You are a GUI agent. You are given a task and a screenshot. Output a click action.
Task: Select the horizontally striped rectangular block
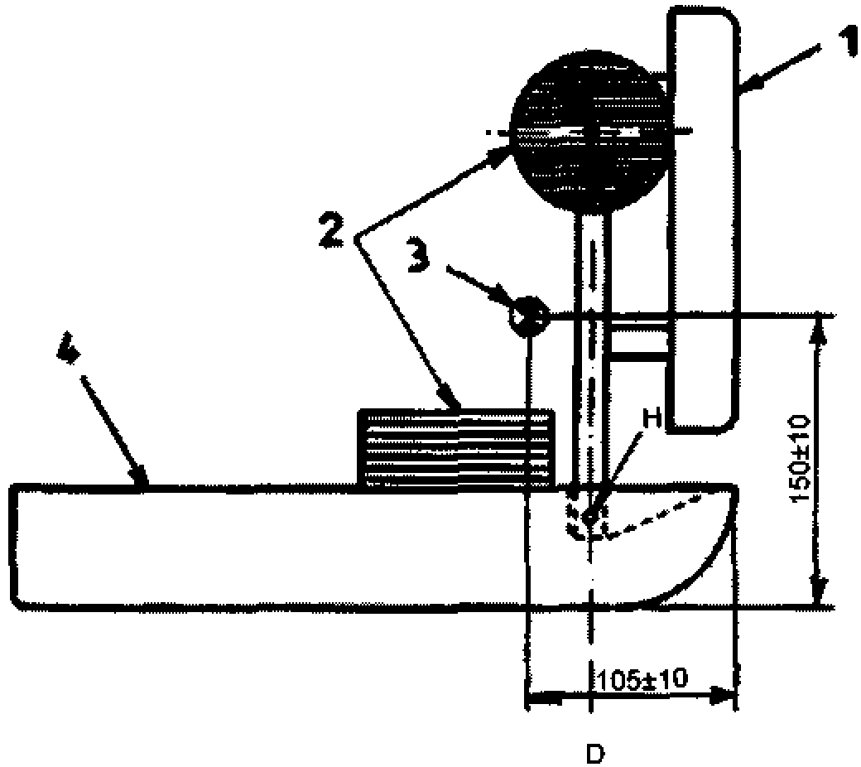pos(455,448)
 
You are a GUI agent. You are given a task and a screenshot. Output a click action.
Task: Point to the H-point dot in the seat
pos(588,518)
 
